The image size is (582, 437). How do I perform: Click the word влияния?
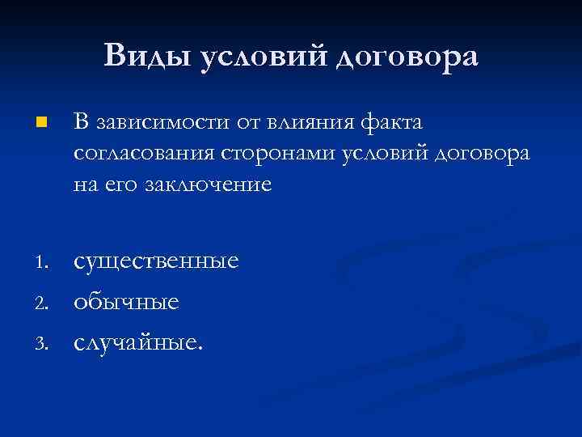(302, 122)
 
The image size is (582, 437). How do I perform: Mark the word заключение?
(208, 185)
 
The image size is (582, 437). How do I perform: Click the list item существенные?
(156, 261)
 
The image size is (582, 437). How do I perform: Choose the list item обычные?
(126, 302)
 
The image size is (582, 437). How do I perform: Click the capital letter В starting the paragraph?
(80, 122)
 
